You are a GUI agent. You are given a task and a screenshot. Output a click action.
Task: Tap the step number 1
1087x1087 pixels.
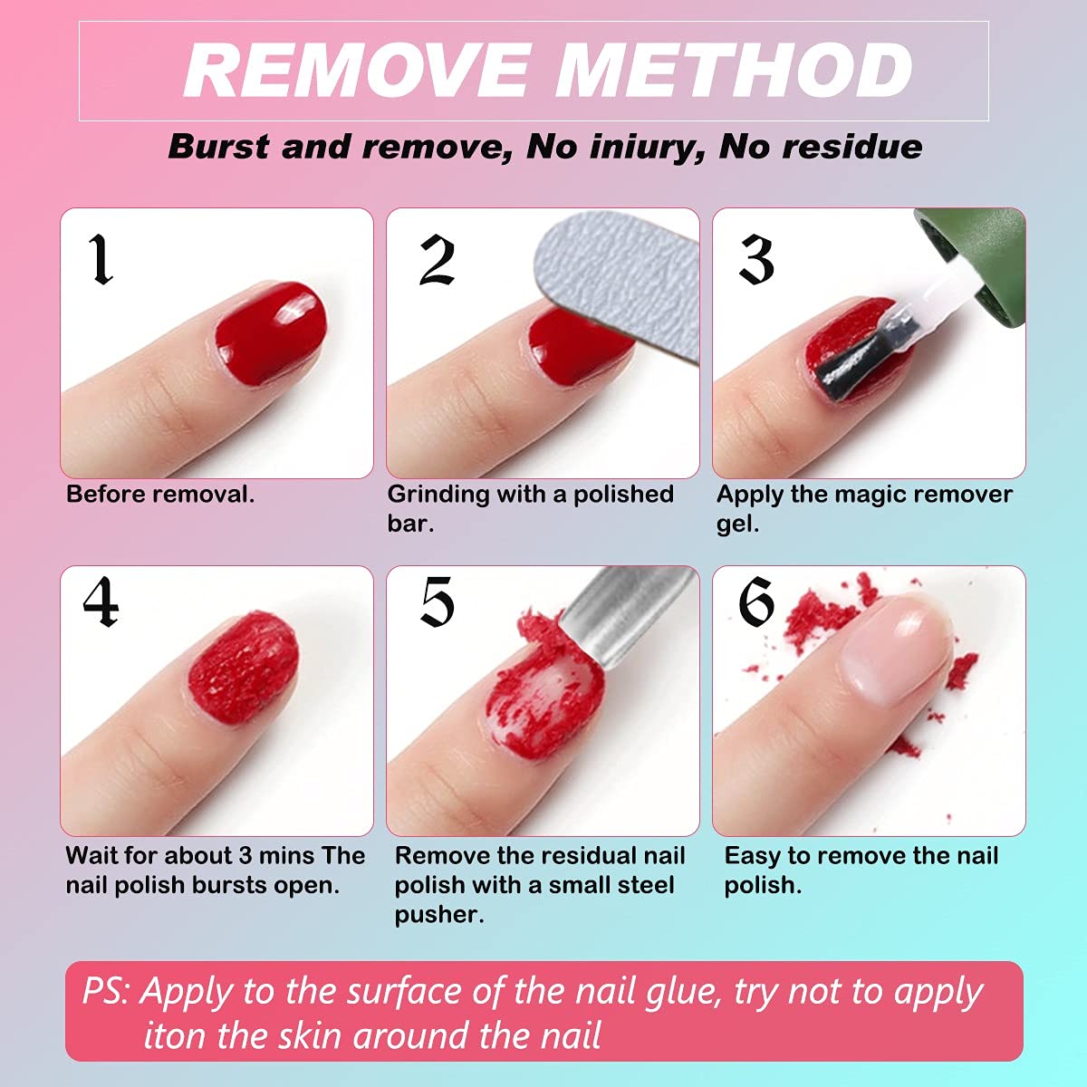(101, 260)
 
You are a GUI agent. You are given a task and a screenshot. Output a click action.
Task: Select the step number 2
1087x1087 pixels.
(437, 260)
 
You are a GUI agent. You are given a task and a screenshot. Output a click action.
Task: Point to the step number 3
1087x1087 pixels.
(756, 260)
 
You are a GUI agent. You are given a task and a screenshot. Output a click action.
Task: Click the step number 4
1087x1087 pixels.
(101, 601)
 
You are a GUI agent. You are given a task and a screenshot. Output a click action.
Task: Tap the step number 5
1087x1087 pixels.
(437, 601)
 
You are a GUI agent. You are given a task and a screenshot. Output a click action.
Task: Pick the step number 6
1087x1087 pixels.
(756, 601)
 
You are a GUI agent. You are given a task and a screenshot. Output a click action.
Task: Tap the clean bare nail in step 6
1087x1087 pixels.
(892, 657)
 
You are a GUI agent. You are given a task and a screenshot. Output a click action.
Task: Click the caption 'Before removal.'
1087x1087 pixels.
(160, 495)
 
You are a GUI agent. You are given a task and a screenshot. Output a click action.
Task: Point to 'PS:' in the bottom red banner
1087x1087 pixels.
(107, 992)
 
